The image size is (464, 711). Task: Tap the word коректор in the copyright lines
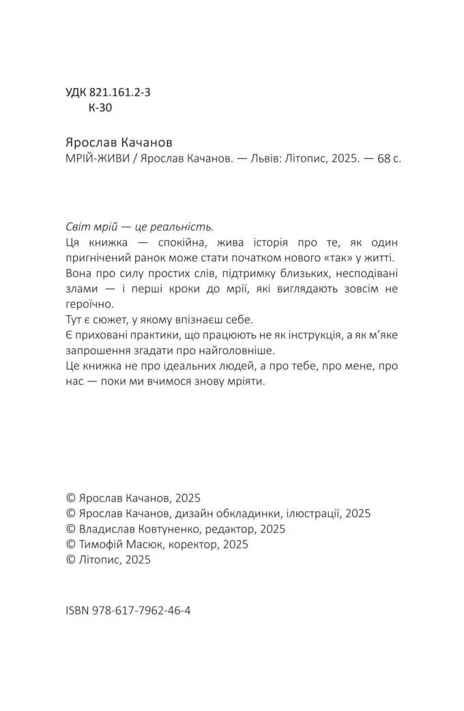[179, 545]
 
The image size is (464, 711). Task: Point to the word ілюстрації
[306, 513]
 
